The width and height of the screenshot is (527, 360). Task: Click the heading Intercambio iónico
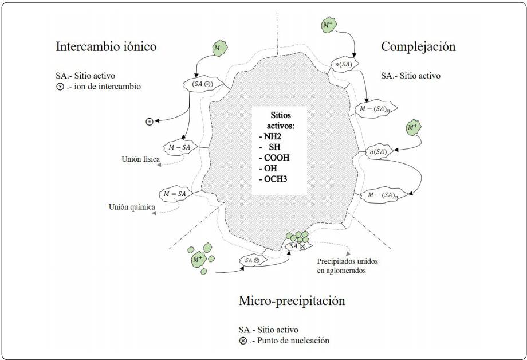click(x=106, y=46)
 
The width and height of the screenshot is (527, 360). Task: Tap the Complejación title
click(x=418, y=46)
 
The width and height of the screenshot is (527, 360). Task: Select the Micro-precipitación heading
click(x=292, y=300)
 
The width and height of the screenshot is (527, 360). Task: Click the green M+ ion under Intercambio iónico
click(x=218, y=49)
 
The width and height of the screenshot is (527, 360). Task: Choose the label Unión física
click(x=136, y=159)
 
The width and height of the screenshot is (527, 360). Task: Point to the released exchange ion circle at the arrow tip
click(x=149, y=121)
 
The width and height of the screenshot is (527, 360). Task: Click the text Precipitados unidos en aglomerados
click(x=347, y=265)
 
